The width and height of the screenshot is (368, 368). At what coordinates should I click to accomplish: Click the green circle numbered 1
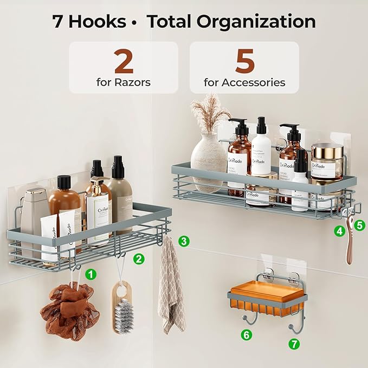tap(91, 274)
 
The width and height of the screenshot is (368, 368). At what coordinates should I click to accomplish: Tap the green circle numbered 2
tap(139, 259)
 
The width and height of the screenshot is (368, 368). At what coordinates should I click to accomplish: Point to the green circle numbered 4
tap(339, 231)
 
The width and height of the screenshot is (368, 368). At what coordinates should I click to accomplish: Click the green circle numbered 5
tap(360, 223)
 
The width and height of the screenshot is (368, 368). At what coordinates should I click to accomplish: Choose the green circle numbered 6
tap(247, 334)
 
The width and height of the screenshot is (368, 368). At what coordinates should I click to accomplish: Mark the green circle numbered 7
tap(294, 344)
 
